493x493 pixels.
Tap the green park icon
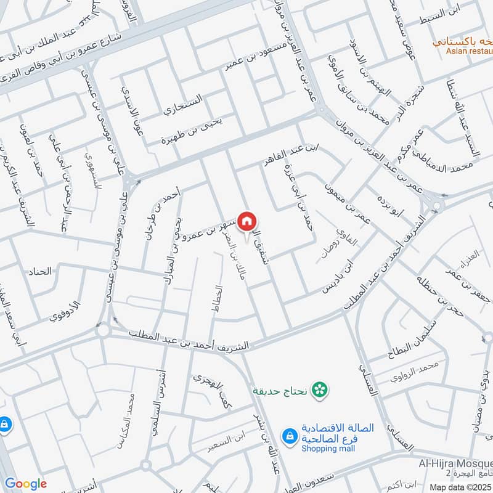319,389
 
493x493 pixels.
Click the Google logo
26,484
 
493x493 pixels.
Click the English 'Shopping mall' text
325,448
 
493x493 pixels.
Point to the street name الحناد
38,271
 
